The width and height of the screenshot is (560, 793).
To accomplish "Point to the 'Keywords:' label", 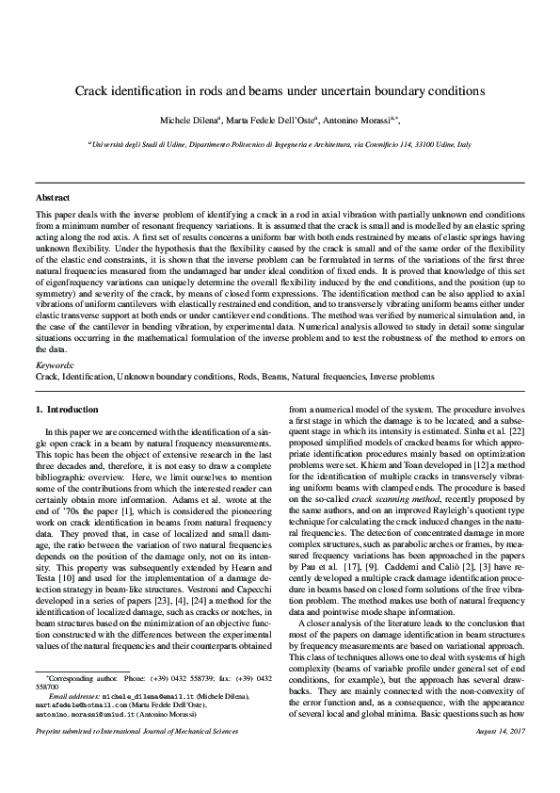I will [53, 364].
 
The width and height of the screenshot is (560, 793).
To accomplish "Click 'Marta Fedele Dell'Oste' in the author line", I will [278, 121].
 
